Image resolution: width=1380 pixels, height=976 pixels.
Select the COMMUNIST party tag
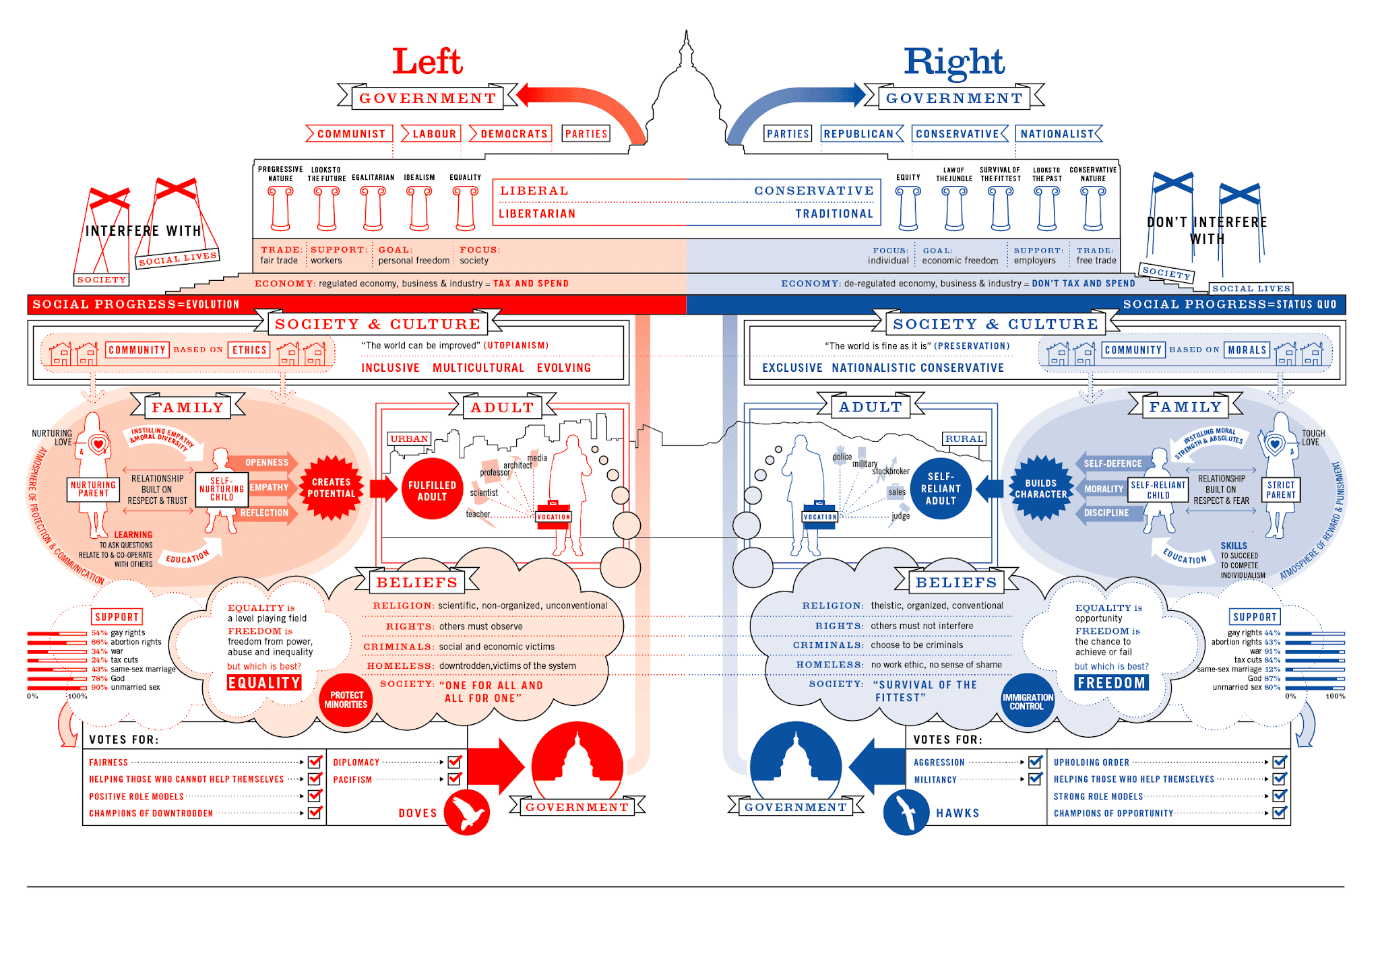[350, 134]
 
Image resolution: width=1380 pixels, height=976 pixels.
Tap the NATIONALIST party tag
[1057, 134]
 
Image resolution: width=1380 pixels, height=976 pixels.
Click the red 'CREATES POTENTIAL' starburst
[332, 488]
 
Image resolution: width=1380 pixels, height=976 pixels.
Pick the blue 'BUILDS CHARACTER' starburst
[1040, 488]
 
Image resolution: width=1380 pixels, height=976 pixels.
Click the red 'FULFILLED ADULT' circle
[432, 490]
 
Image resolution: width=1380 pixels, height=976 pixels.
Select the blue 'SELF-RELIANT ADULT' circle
[941, 488]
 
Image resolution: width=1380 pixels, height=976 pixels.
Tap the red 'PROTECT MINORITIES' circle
[346, 700]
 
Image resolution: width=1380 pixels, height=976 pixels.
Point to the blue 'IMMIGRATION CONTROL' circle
[1027, 701]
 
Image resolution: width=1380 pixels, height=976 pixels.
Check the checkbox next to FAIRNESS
[315, 762]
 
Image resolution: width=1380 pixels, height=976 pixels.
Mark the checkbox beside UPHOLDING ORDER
[1280, 762]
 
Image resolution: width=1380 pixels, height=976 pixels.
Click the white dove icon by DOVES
[467, 812]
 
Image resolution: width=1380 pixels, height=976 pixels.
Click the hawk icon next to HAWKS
[906, 812]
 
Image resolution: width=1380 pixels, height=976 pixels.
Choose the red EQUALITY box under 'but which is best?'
[264, 683]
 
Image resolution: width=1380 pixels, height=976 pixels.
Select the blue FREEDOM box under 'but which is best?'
[1111, 683]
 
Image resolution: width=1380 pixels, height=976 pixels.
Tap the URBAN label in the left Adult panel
[409, 438]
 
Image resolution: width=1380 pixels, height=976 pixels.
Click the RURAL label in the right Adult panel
[964, 438]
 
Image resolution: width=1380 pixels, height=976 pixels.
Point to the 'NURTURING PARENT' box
[93, 489]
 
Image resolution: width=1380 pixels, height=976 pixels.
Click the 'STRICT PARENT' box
[1280, 490]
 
